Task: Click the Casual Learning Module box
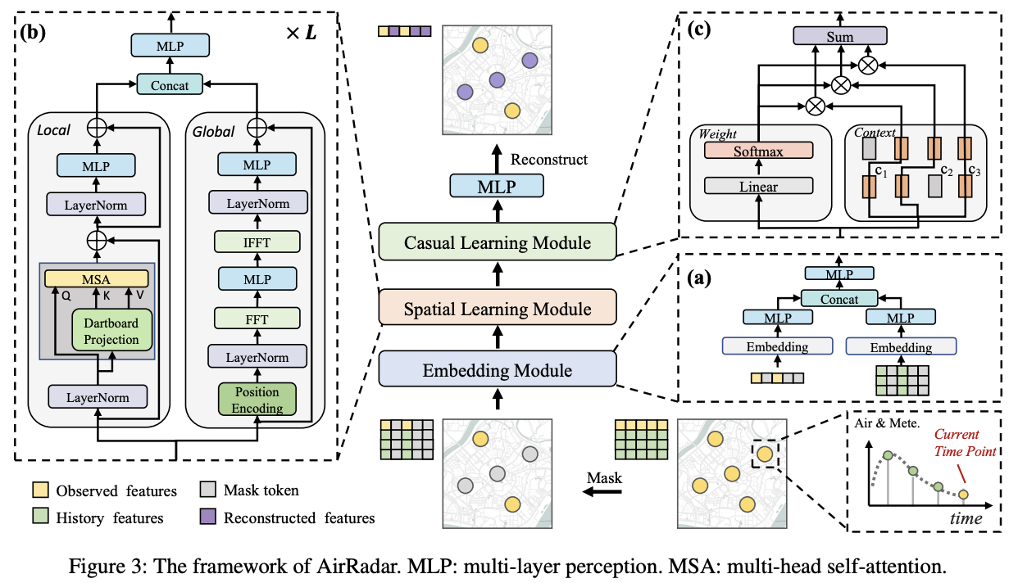[x=497, y=242]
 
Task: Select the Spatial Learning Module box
[x=497, y=309]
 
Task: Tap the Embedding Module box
[x=497, y=370]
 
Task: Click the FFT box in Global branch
[x=257, y=317]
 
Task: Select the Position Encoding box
[x=257, y=400]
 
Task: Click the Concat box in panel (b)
[x=170, y=84]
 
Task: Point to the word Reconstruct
[x=548, y=159]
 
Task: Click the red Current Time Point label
[x=966, y=445]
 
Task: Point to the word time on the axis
[x=966, y=518]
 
